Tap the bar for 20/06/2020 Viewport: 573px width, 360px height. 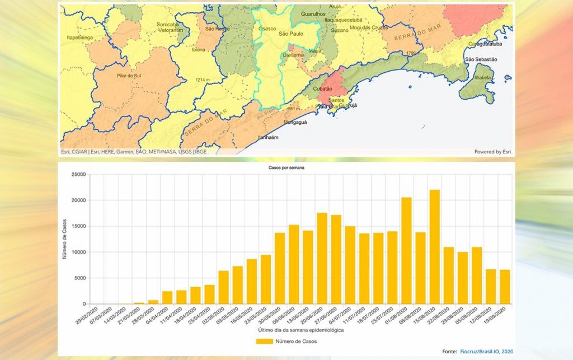pyautogui.click(x=322, y=259)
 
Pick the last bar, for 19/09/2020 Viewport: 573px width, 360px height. pyautogui.click(x=505, y=287)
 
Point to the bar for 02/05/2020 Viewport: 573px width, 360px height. pyautogui.click(x=224, y=287)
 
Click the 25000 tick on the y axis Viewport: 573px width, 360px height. pyautogui.click(x=77, y=175)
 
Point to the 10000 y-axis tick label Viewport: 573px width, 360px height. pyautogui.click(x=77, y=253)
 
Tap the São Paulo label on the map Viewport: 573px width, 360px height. pyautogui.click(x=292, y=34)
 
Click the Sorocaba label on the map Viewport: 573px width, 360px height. pyautogui.click(x=168, y=25)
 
